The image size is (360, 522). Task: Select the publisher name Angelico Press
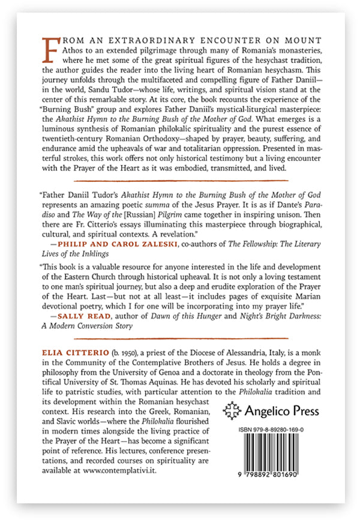click(x=282, y=412)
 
